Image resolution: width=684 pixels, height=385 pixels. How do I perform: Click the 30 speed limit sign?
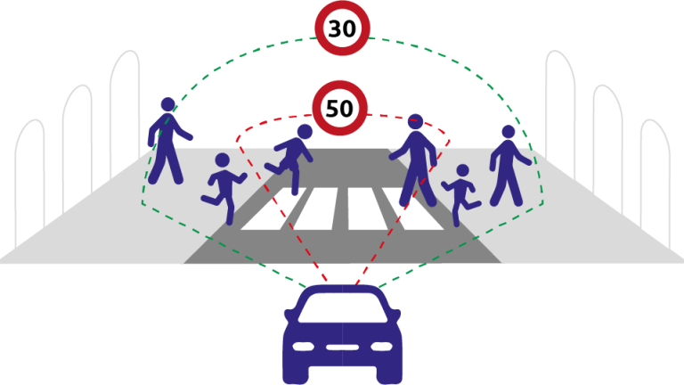point(342,29)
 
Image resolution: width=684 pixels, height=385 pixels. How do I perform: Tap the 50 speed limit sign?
point(339,109)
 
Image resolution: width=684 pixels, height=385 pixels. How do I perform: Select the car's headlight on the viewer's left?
point(303,345)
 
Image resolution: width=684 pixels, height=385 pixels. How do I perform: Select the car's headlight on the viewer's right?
point(381,345)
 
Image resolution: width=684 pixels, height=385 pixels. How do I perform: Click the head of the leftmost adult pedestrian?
point(167,105)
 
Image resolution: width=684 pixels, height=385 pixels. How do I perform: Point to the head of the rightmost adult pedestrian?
point(508,132)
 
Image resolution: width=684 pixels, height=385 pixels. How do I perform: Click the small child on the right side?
point(460,192)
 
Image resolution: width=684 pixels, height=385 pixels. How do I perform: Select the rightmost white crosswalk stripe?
point(411,209)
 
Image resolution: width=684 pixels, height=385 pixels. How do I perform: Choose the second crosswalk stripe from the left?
point(315,209)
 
